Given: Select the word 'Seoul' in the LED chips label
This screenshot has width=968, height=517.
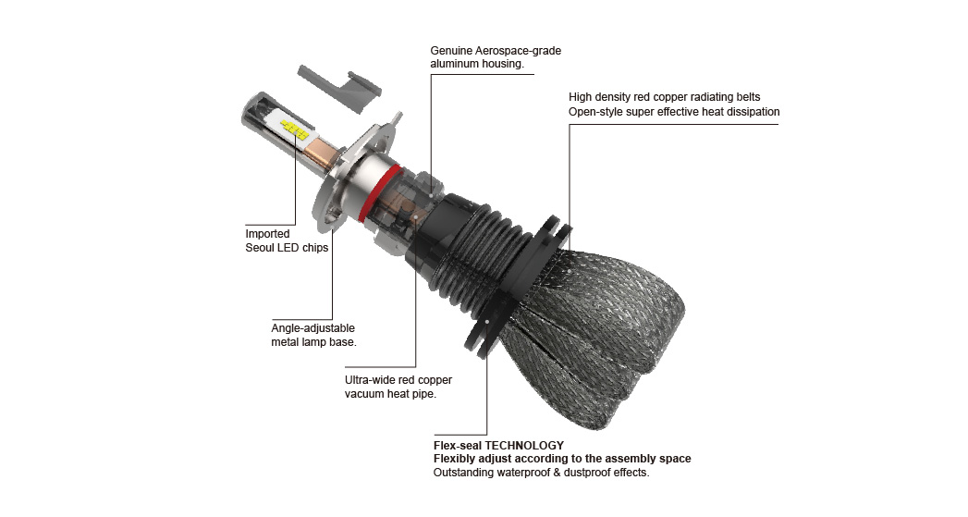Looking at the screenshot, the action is coord(260,248).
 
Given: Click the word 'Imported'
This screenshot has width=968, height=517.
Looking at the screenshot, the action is coord(267,233).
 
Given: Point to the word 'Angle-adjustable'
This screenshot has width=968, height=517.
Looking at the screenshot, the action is coord(313,328).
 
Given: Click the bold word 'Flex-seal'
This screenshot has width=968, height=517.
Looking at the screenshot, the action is coord(458,446).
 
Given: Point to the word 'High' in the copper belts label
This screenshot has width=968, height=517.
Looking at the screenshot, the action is coord(579,97).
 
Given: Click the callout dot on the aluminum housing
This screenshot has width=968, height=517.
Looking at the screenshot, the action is coord(431,194).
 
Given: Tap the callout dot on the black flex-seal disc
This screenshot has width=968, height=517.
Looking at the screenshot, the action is coord(487,321).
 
